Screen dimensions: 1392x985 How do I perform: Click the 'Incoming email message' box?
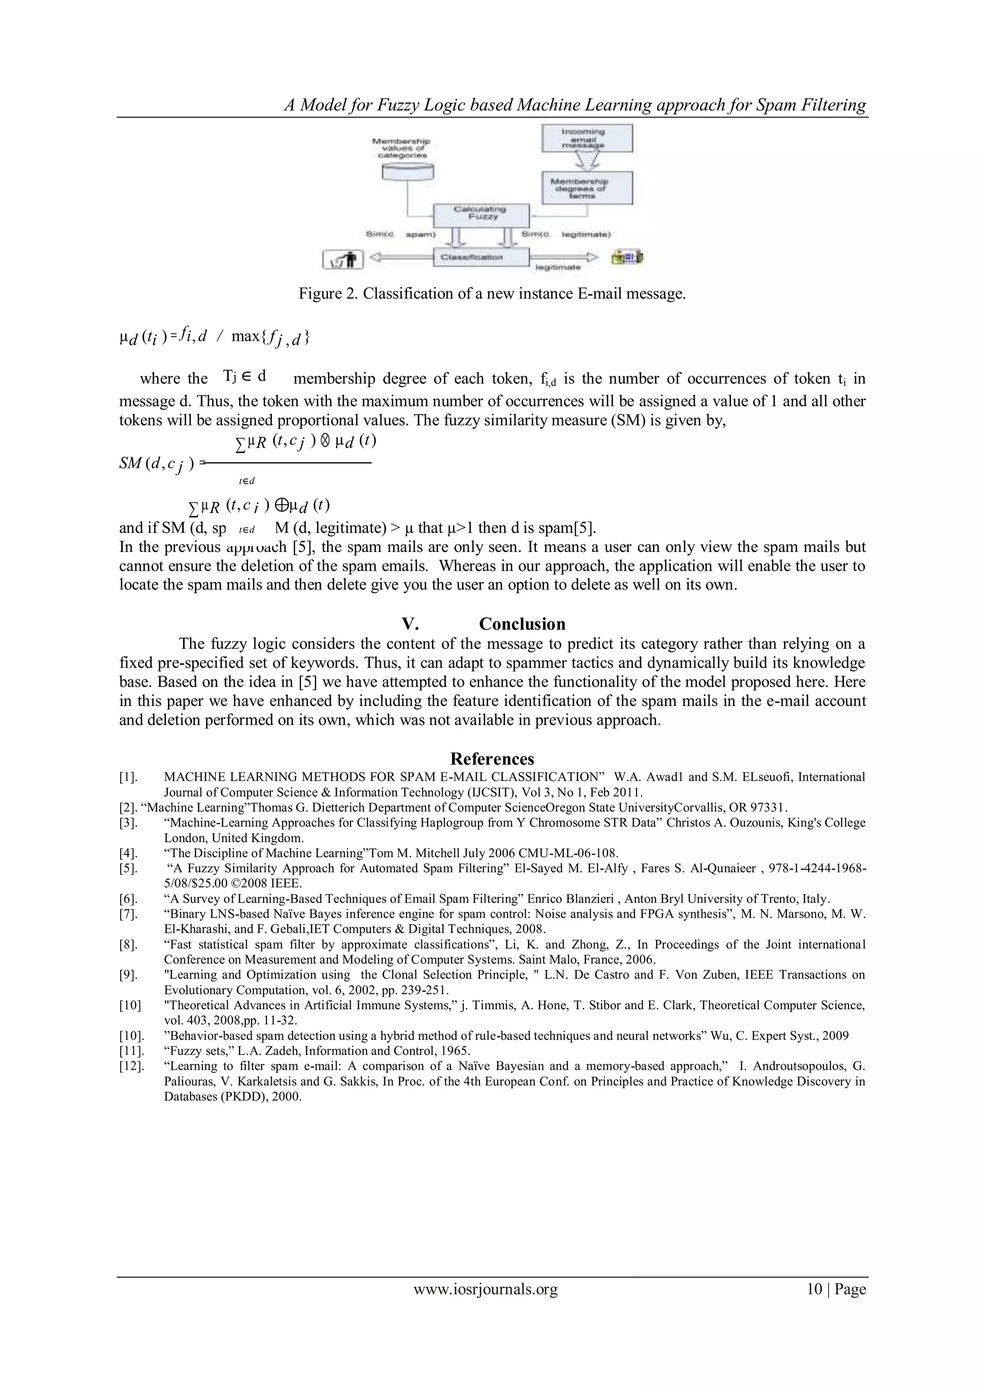586,138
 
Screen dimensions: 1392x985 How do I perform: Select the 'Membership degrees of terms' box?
586,188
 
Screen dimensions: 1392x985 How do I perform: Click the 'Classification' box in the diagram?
481,257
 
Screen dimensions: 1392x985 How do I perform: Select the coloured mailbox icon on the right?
627,258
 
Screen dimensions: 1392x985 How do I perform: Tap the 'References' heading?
492,759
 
